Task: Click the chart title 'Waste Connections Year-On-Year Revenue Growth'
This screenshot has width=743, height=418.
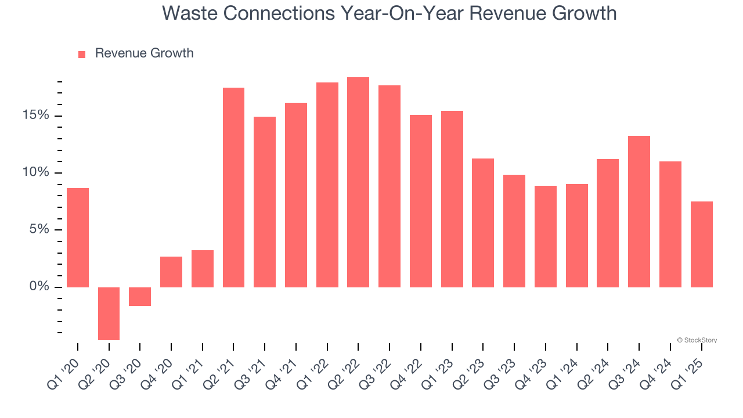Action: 389,13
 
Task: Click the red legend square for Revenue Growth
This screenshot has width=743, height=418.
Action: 82,54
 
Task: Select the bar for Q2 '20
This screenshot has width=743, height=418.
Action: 109,313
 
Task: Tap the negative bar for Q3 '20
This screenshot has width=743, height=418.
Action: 140,297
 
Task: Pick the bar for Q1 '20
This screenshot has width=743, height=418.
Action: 78,237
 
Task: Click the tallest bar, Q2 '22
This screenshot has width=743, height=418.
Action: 358,182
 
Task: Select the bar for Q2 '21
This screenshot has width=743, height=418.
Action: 233,188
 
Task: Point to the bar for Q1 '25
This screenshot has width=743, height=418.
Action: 701,244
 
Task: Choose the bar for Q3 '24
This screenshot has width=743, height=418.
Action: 639,211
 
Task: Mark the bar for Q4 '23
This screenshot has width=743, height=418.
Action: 546,236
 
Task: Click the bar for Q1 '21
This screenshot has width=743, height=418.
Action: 203,269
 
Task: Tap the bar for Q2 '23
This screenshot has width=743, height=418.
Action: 483,223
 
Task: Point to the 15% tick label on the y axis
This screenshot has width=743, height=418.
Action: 35,116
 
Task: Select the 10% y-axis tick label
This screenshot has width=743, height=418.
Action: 35,172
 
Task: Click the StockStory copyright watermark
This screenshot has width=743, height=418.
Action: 697,340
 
